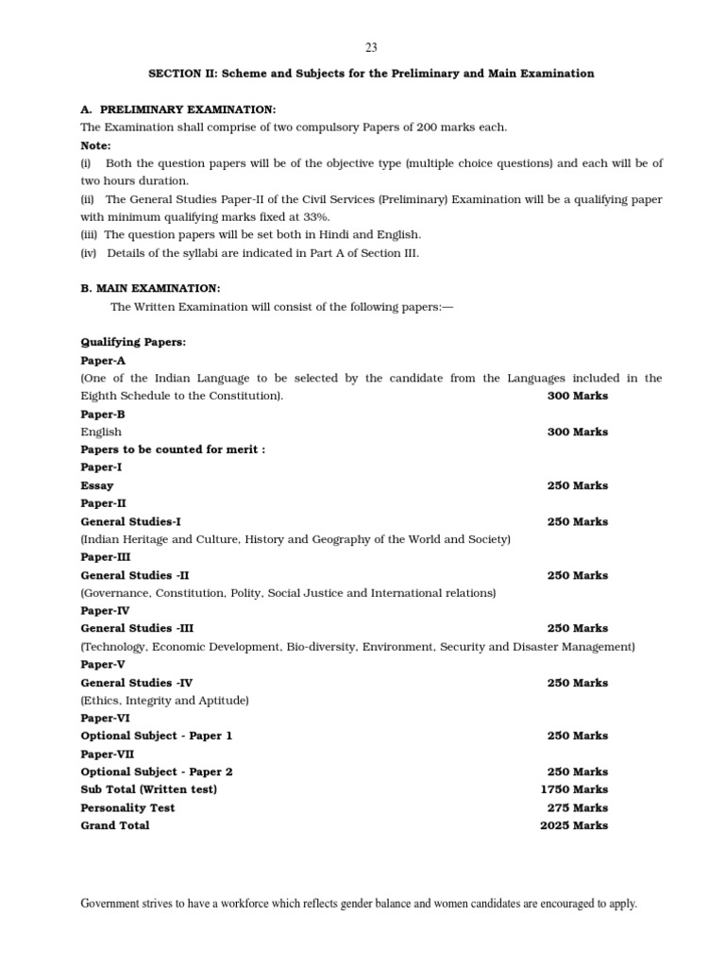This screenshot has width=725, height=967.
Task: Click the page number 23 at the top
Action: (371, 48)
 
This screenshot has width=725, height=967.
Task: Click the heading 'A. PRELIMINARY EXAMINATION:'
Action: (178, 110)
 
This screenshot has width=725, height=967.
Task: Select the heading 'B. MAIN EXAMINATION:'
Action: (151, 288)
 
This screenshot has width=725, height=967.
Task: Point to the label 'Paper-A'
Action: (103, 361)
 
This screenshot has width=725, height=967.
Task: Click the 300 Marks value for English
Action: (578, 432)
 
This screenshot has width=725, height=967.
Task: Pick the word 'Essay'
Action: (97, 485)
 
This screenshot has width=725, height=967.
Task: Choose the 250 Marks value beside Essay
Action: (578, 485)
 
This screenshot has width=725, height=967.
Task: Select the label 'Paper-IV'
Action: (106, 611)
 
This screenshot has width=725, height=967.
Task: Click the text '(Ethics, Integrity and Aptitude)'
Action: (165, 701)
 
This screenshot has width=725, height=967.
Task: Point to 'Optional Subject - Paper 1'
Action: (157, 736)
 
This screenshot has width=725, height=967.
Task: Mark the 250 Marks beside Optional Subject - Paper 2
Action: (578, 772)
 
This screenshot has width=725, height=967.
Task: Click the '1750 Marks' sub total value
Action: (574, 789)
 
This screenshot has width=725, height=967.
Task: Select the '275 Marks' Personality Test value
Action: (578, 807)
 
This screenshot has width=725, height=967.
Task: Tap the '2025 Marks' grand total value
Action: (574, 825)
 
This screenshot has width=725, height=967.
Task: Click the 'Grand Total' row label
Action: (115, 825)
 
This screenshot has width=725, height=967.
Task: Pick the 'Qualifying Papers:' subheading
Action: (133, 342)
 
